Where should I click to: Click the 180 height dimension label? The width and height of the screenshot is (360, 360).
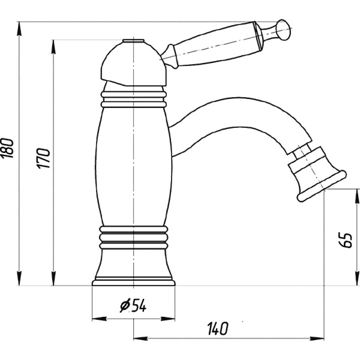click(7, 148)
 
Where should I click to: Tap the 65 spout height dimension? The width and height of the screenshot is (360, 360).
click(346, 241)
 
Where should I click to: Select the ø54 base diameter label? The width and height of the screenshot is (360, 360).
click(133, 305)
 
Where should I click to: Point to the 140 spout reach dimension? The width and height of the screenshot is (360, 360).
click(217, 329)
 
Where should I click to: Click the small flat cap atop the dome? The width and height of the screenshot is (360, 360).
click(133, 41)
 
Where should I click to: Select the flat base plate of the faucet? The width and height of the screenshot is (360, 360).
click(133, 283)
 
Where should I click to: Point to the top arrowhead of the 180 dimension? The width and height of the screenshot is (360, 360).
click(20, 29)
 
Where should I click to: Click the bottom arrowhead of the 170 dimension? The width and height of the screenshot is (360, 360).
click(53, 279)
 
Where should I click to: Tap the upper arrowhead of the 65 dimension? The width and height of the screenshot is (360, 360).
click(357, 196)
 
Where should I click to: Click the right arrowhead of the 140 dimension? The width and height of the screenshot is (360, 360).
click(317, 338)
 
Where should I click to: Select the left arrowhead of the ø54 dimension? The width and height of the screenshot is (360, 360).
click(99, 319)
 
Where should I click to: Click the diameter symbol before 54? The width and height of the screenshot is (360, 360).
click(125, 306)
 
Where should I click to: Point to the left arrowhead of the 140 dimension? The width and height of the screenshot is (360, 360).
click(141, 338)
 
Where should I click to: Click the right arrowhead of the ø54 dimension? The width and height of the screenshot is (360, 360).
click(168, 319)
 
